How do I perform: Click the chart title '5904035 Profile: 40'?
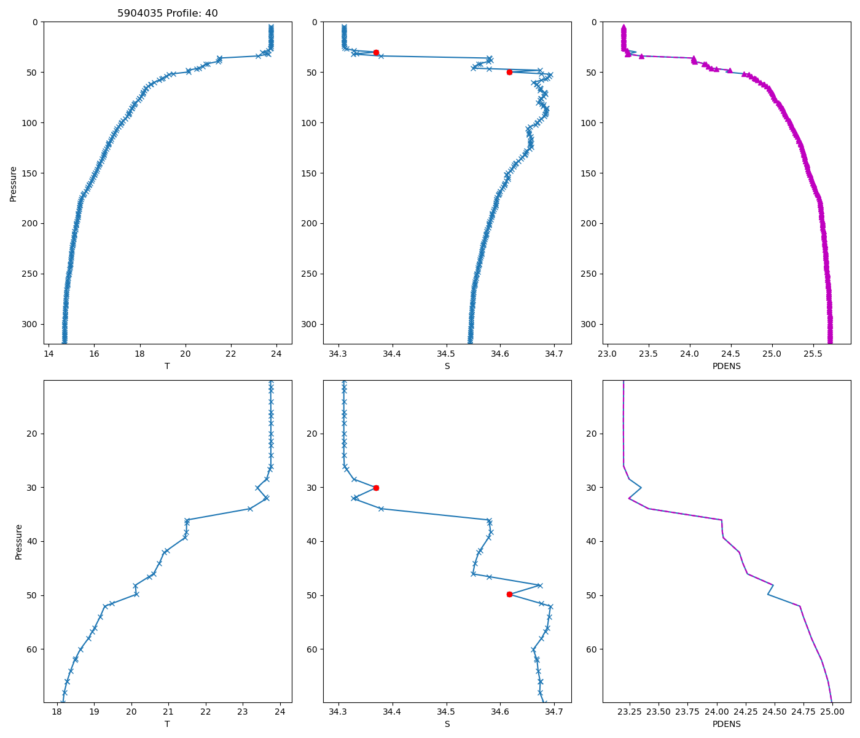168,14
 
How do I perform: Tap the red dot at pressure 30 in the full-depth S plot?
376,52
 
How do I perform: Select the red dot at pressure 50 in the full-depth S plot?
509,72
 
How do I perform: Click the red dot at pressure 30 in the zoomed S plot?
376,488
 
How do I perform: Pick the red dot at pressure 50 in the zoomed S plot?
509,594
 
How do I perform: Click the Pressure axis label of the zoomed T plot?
19,542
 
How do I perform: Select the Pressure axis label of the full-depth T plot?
14,183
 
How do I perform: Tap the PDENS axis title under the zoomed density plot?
726,724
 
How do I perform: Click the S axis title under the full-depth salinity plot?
447,366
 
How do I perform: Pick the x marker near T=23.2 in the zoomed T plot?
250,509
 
